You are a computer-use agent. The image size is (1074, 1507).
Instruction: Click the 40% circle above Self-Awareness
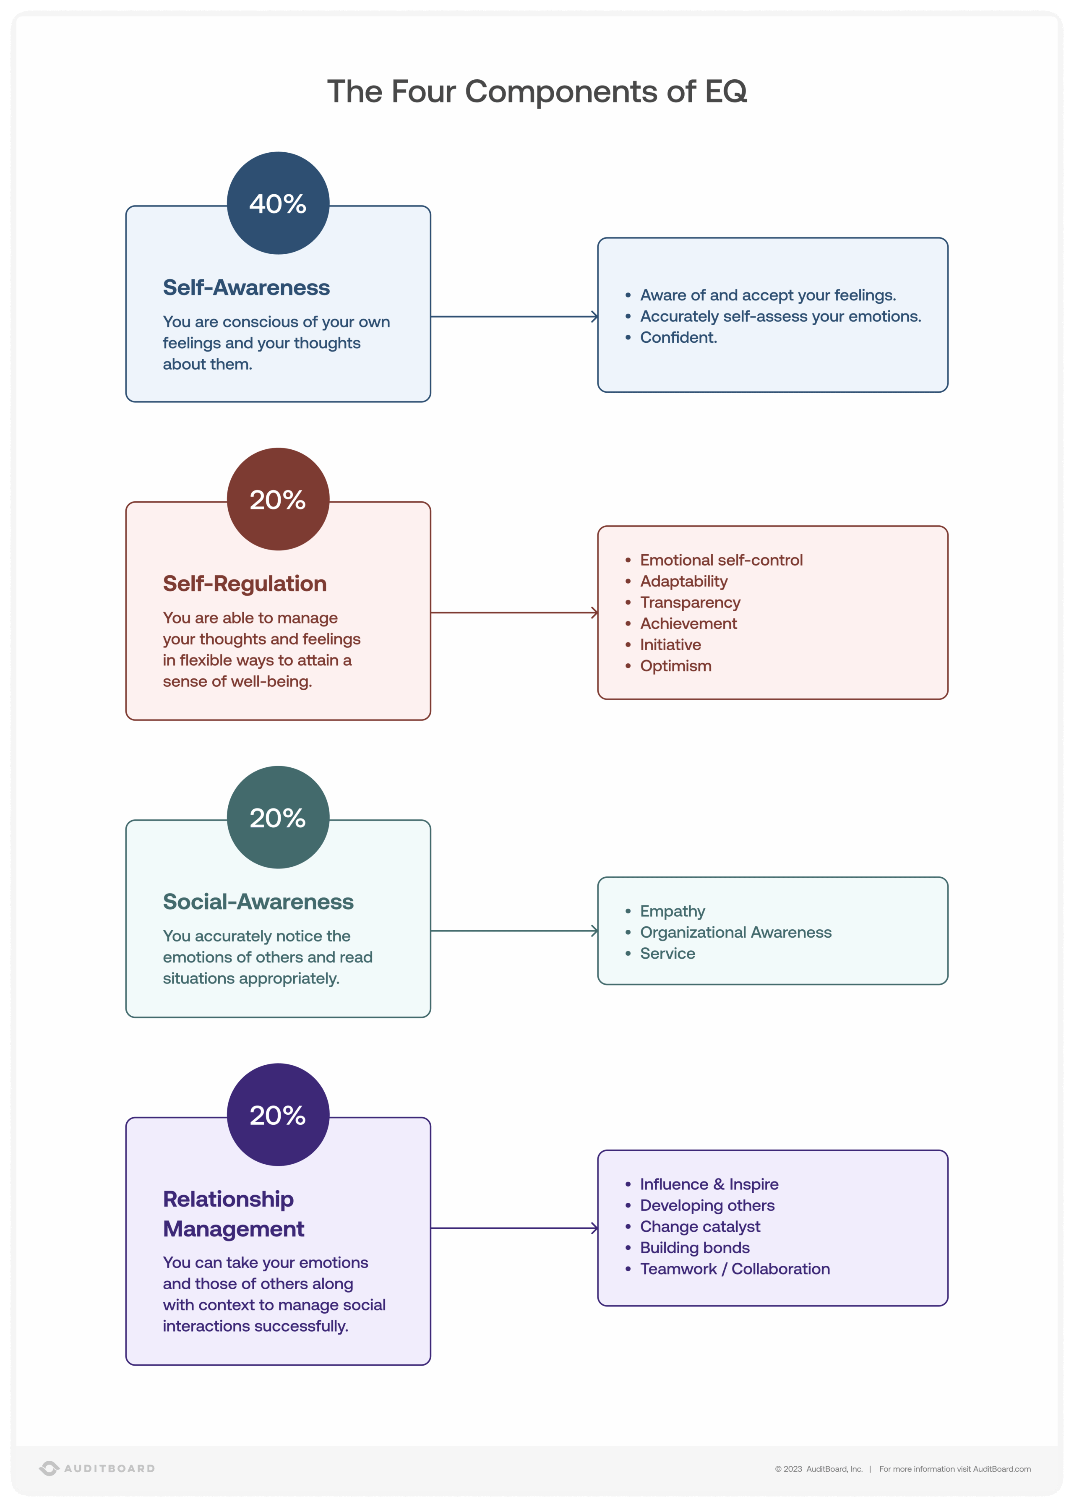click(x=278, y=203)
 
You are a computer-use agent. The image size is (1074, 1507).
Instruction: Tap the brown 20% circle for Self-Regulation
click(x=278, y=499)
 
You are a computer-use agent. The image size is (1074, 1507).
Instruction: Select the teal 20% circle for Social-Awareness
click(x=278, y=817)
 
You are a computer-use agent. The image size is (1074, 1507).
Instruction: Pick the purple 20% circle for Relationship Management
click(x=278, y=1114)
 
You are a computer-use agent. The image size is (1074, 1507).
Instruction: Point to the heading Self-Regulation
click(x=245, y=583)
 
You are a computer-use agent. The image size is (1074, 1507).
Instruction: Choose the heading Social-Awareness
click(x=258, y=901)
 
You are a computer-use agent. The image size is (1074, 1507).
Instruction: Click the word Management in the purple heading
click(x=233, y=1228)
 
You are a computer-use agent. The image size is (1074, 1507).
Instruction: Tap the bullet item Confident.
click(x=678, y=337)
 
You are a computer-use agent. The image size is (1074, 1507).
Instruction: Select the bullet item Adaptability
click(x=683, y=581)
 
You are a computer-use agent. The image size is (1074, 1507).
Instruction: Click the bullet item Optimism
click(x=675, y=666)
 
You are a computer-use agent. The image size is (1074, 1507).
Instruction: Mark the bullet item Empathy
click(x=672, y=911)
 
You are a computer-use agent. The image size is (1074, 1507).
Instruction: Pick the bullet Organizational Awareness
click(x=735, y=932)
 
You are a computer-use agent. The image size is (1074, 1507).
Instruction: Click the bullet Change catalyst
click(x=700, y=1227)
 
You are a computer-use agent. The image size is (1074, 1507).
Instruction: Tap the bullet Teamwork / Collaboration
click(x=734, y=1269)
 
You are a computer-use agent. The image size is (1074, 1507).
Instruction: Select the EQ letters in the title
click(x=725, y=91)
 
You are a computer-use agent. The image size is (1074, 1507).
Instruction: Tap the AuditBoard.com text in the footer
click(x=1001, y=1469)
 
